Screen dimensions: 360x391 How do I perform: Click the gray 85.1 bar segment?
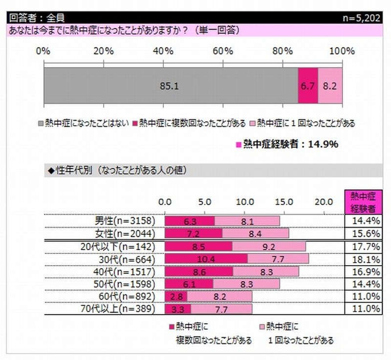tap(171, 86)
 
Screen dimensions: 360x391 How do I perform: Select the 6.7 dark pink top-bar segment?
tap(308, 86)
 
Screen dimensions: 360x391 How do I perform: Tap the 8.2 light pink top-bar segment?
tap(330, 86)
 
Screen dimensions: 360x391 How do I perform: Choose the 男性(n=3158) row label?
tap(125, 221)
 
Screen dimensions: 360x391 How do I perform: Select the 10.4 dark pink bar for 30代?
tap(206, 258)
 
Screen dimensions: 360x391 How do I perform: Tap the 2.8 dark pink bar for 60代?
tap(176, 296)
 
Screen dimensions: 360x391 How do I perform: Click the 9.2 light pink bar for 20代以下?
tap(269, 246)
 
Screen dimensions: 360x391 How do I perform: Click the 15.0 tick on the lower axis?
tap(284, 202)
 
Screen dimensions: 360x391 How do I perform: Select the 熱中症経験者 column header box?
tap(363, 202)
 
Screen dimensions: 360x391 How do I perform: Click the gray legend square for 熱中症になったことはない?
tap(41, 123)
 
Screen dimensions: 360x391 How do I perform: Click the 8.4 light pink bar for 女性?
tap(255, 233)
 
